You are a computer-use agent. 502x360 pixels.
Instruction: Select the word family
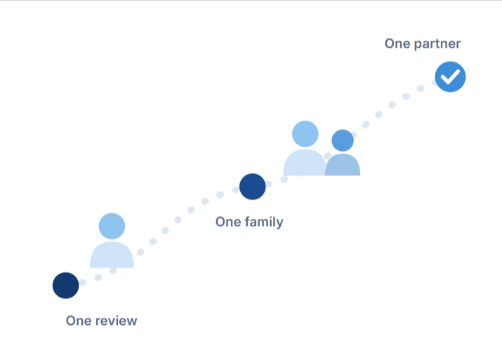[264, 222]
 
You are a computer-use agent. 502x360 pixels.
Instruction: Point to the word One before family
[228, 222]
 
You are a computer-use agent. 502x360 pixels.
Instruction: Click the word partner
[437, 44]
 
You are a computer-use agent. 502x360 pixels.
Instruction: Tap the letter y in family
[280, 224]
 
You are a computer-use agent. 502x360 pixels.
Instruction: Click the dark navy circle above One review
[65, 286]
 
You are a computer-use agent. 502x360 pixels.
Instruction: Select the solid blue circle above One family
[253, 187]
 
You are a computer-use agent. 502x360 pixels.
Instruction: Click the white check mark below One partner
[450, 76]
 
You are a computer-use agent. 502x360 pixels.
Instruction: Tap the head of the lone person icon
[112, 226]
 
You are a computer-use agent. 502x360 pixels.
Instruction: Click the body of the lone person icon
[112, 255]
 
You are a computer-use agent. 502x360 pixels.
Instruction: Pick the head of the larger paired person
[305, 134]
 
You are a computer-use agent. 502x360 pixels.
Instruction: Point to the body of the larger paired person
[305, 163]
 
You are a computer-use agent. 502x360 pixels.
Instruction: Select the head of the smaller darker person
[343, 140]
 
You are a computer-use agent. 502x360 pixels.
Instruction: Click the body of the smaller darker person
[343, 165]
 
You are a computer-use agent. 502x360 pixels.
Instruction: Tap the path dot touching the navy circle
[83, 282]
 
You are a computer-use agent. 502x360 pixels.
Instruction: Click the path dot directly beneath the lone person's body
[113, 271]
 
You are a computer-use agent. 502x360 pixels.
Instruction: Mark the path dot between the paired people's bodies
[327, 156]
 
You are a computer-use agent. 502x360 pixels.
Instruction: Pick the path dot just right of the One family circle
[269, 184]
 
